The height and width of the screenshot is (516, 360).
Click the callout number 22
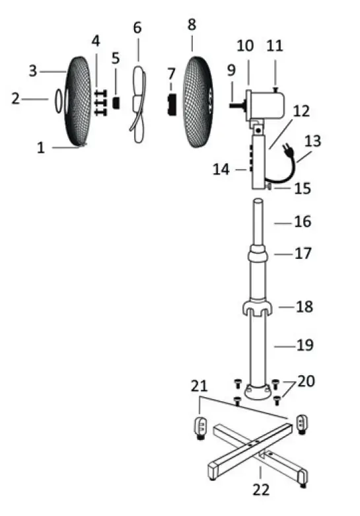tap(260, 490)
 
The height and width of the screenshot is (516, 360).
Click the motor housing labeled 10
tap(268, 104)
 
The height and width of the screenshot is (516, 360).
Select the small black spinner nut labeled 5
tap(116, 103)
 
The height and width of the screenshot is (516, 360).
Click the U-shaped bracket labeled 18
tap(258, 309)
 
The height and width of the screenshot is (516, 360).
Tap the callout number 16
tap(302, 222)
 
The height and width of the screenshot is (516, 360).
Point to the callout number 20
tap(306, 382)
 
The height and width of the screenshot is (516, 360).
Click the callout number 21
tap(199, 385)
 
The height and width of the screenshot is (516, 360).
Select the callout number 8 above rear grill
tap(192, 25)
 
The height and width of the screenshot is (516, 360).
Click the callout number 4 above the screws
tap(96, 41)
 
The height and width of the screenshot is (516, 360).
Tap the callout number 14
tap(222, 170)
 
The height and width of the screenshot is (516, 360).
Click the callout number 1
tap(41, 148)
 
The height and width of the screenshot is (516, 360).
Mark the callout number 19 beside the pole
tap(305, 345)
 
